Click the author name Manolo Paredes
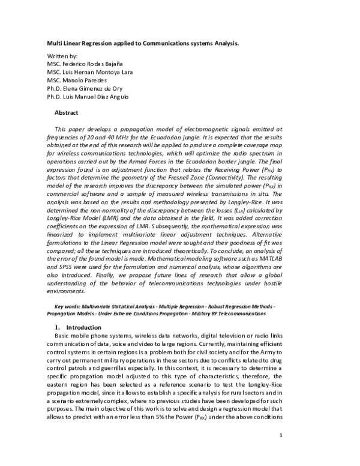[86, 80]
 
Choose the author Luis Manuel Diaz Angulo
[101, 97]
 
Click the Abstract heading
[67, 112]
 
